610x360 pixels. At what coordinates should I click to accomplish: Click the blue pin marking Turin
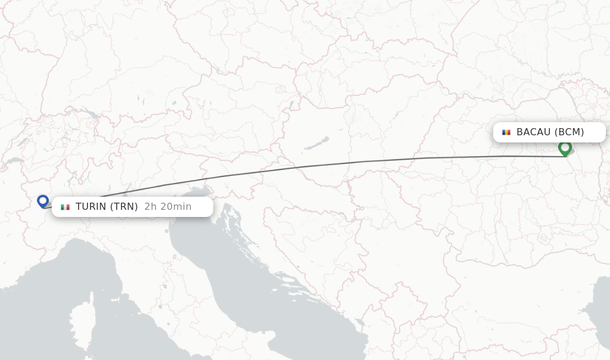(x=43, y=201)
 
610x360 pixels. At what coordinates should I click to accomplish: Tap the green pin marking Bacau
(x=565, y=147)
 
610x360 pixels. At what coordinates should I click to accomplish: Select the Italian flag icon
(x=65, y=207)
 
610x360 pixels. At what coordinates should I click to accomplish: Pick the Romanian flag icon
(x=506, y=132)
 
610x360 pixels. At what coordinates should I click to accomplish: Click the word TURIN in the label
(x=91, y=207)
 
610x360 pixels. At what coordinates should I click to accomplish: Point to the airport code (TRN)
(x=124, y=207)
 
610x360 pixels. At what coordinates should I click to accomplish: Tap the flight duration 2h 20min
(x=168, y=207)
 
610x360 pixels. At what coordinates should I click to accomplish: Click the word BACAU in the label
(x=533, y=132)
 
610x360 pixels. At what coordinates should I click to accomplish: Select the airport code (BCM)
(x=569, y=132)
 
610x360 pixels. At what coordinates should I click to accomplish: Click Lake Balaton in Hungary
(x=317, y=144)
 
